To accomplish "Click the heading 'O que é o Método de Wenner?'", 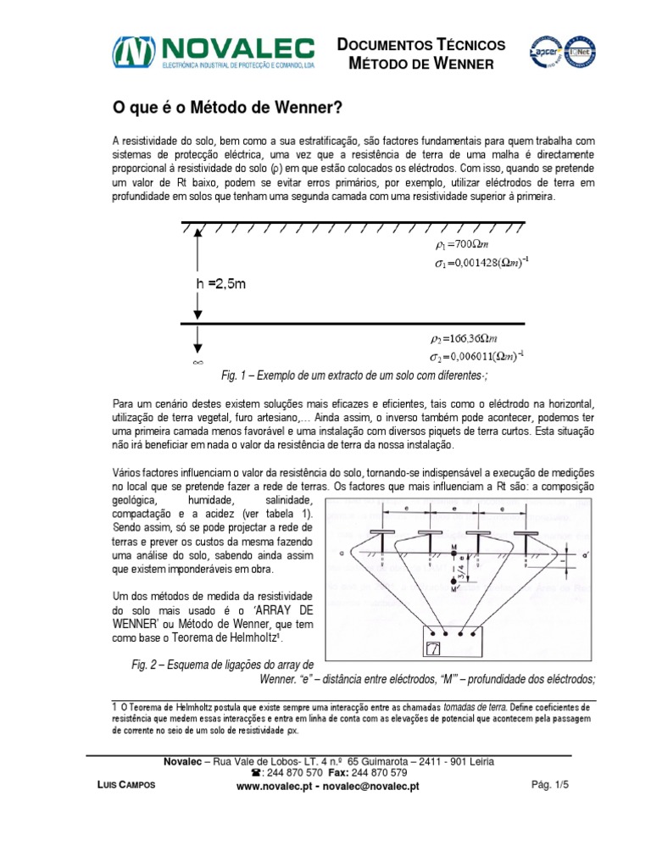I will tap(228, 108).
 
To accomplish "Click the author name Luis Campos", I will tap(127, 786).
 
